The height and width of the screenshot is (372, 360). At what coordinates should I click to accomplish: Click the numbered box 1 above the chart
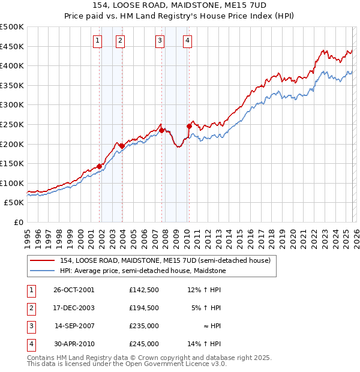click(x=97, y=41)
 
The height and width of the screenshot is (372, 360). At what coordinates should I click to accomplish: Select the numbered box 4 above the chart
click(x=188, y=41)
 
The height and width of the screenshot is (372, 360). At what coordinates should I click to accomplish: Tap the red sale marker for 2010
click(x=189, y=127)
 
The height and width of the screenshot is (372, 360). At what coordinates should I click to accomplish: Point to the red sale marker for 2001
click(x=99, y=167)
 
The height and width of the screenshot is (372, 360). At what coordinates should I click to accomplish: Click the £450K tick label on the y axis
click(x=12, y=46)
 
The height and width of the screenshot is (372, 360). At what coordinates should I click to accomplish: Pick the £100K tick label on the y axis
click(x=12, y=183)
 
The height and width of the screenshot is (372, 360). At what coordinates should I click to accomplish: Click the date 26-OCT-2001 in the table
click(x=74, y=290)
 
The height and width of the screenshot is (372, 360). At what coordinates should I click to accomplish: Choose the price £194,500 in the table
click(x=144, y=308)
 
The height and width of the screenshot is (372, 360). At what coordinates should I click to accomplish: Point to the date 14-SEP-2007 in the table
click(x=74, y=326)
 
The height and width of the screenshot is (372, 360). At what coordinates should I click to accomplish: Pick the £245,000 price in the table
click(x=144, y=344)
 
